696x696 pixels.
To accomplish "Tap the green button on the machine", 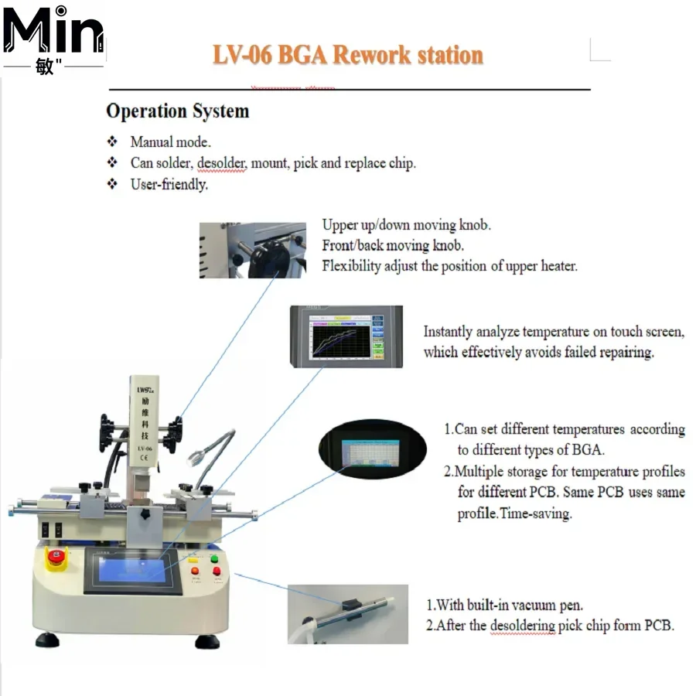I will click(213, 559).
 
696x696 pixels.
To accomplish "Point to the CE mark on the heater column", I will click(143, 458).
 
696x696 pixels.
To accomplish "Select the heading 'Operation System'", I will click(177, 111).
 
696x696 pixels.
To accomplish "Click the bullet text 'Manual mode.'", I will click(170, 142).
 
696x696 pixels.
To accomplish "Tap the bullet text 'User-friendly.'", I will click(169, 185).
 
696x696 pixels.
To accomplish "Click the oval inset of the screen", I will click(372, 448).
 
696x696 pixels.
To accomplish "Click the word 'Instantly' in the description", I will click(448, 332).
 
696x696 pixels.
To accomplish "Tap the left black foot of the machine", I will click(46, 640).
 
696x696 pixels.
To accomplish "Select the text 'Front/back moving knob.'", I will click(393, 245).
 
